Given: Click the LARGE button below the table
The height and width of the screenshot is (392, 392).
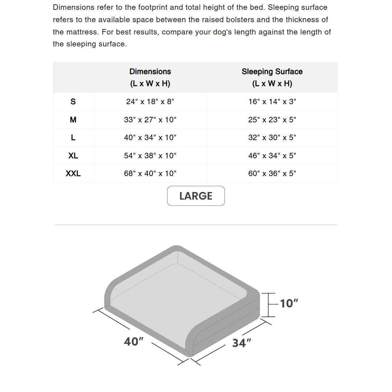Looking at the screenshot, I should coord(196,196).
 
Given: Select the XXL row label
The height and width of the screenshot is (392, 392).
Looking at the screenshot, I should coord(73,173).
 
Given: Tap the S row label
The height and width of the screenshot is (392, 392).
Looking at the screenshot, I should coord(73,102).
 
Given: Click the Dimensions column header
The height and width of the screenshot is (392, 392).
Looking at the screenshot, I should coord(150,77).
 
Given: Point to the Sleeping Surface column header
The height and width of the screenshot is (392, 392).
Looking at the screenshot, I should coord(272,77).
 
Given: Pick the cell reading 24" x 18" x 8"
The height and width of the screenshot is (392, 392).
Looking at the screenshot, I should coord(150,102).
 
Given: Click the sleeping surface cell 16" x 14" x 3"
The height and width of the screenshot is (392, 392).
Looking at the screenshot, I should coord(272,102).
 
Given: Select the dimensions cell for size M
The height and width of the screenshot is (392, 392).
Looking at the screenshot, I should coord(150,120).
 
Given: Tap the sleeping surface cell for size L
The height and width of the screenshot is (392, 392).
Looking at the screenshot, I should coord(272,138).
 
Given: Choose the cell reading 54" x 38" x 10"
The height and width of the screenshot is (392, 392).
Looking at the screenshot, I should coord(150,156).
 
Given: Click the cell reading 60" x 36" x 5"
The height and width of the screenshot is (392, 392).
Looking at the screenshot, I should coord(272,173).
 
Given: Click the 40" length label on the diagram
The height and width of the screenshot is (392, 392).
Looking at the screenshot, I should coord(134,342).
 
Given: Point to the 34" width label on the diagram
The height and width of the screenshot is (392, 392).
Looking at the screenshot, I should coord(242,343).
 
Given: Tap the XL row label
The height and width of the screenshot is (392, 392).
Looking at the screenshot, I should coord(73,156).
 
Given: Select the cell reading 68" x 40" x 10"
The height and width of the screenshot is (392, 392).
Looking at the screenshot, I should coord(150,173).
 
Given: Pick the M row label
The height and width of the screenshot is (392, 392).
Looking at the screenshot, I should coord(73,120).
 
